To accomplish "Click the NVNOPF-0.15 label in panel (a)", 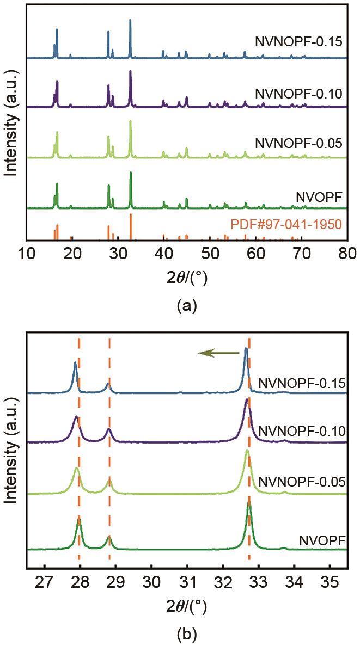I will coord(298,41).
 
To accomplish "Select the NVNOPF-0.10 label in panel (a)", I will coord(298,94).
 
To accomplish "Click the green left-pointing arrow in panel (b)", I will coord(218,354).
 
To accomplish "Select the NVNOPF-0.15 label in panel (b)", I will coord(301,383).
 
